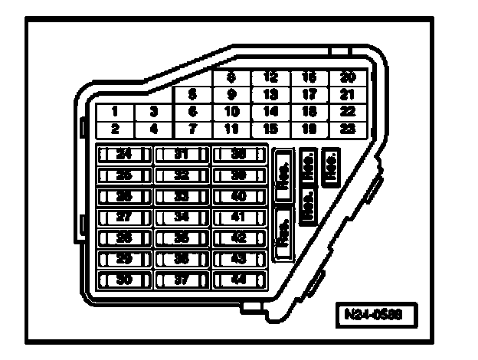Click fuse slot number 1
tap(114, 112)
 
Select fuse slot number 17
tap(309, 95)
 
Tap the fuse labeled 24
tap(122, 154)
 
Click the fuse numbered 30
tap(122, 280)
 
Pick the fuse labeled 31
tap(181, 154)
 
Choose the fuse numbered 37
tap(181, 280)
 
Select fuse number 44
tap(238, 280)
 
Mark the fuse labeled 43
tap(238, 260)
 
